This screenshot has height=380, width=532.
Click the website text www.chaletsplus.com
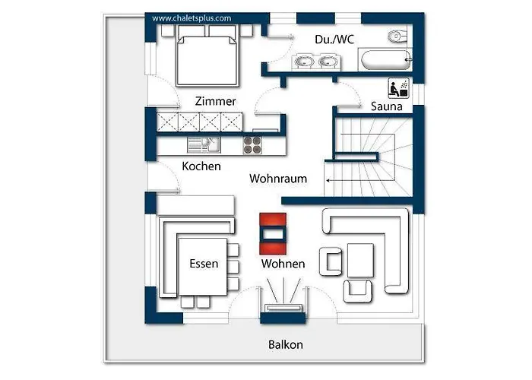192,18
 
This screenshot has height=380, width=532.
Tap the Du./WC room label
334,40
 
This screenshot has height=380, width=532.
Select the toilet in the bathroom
397,36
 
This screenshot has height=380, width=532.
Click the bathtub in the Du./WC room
386,60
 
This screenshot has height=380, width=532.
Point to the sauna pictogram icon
399,88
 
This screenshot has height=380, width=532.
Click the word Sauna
386,106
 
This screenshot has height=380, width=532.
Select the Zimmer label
215,101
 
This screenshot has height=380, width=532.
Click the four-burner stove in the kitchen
252,145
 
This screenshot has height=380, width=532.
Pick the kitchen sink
204,145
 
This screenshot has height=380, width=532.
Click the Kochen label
201,166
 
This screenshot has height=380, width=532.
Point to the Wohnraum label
278,179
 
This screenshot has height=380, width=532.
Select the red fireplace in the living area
273,234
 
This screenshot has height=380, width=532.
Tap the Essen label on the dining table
204,264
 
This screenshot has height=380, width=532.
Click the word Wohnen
283,264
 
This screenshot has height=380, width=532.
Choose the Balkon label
285,345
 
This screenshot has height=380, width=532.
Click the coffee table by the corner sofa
360,261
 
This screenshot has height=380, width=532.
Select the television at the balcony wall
283,308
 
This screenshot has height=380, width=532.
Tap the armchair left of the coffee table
331,261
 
